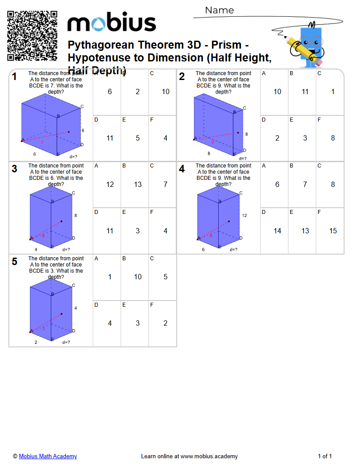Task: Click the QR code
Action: click(x=32, y=35)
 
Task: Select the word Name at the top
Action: click(x=220, y=10)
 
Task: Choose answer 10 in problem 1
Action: click(x=165, y=92)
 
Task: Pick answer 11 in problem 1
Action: click(x=110, y=138)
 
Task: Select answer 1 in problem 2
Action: click(x=333, y=92)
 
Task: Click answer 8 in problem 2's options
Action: click(x=333, y=138)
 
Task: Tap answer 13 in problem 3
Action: click(x=138, y=185)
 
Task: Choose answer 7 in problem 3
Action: click(x=165, y=185)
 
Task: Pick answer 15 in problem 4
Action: click(x=333, y=231)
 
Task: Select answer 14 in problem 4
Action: click(x=277, y=231)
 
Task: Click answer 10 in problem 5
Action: click(x=138, y=277)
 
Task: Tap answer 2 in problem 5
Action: click(x=165, y=323)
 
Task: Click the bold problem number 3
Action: click(x=15, y=169)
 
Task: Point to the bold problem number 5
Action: click(x=15, y=262)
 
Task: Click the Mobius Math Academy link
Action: click(x=48, y=456)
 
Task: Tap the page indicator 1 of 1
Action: click(x=325, y=456)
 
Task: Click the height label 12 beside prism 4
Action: click(x=244, y=216)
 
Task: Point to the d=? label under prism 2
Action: click(x=243, y=158)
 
